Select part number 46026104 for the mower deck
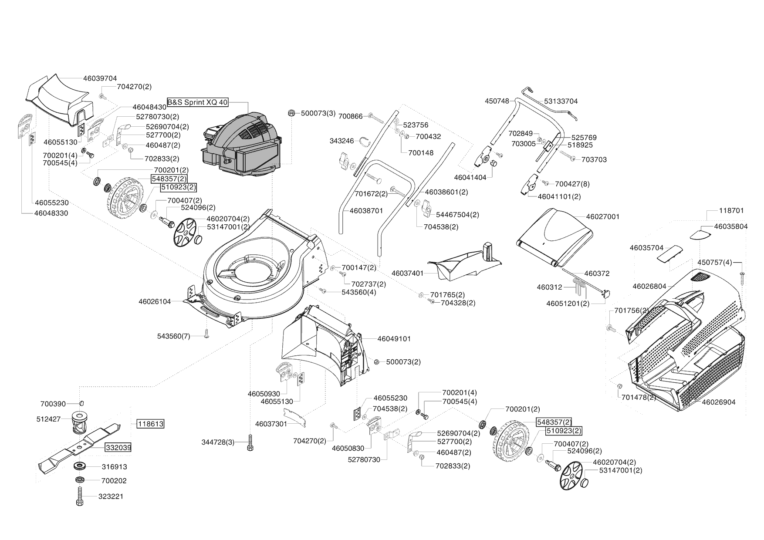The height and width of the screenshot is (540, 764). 155,301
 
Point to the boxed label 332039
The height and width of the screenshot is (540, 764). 118,447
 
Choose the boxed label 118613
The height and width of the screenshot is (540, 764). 151,424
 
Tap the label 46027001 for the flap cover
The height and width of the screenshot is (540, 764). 603,216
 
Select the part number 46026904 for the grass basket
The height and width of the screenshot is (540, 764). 719,402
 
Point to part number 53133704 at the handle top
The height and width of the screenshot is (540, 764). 561,101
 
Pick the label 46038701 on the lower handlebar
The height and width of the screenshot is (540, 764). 366,211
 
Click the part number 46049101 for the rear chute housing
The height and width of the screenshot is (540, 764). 394,338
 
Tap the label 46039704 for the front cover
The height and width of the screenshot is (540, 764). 100,78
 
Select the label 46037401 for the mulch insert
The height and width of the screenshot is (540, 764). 408,273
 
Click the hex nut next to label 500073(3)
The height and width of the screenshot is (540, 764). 291,113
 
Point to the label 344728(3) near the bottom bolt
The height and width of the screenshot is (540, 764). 218,442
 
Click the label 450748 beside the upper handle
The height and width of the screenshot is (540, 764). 497,101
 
